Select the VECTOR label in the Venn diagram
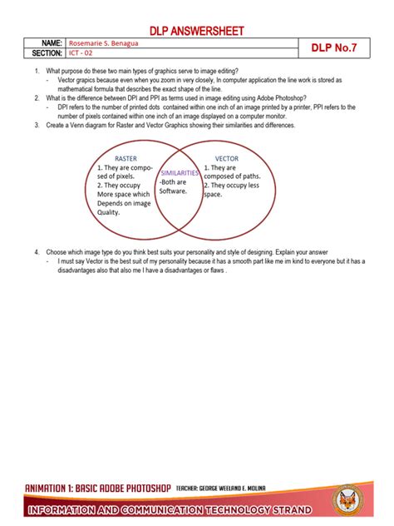click(x=226, y=157)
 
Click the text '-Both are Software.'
click(x=175, y=186)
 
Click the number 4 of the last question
click(x=37, y=251)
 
